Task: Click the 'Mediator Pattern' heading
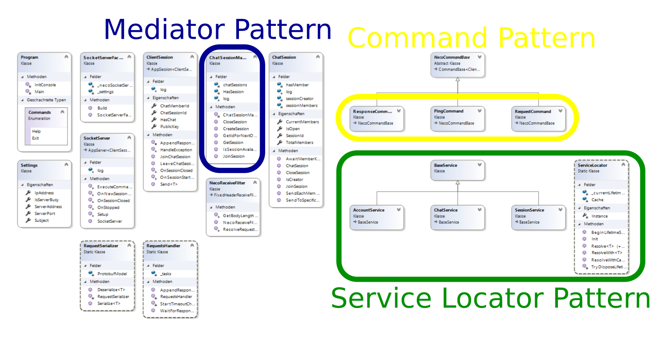tap(217, 29)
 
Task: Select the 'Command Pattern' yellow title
tap(471, 38)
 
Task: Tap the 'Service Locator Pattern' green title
tap(490, 298)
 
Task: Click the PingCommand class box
tap(458, 118)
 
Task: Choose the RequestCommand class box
tap(538, 118)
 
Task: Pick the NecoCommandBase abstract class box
tap(458, 65)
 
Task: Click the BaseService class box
tap(458, 170)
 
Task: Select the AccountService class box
tap(377, 217)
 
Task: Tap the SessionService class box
tap(538, 217)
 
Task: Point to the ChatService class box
tap(458, 217)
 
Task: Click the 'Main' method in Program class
tap(39, 92)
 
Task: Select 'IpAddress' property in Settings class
tap(44, 193)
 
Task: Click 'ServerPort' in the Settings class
tap(45, 214)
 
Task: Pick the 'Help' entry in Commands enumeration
tap(36, 131)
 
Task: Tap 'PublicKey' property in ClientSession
tap(169, 127)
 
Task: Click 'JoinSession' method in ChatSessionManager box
tap(233, 156)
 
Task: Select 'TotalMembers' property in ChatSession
tap(299, 143)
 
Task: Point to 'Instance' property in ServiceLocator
tap(599, 216)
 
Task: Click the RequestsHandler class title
tap(163, 246)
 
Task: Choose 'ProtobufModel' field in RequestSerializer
tap(112, 274)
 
